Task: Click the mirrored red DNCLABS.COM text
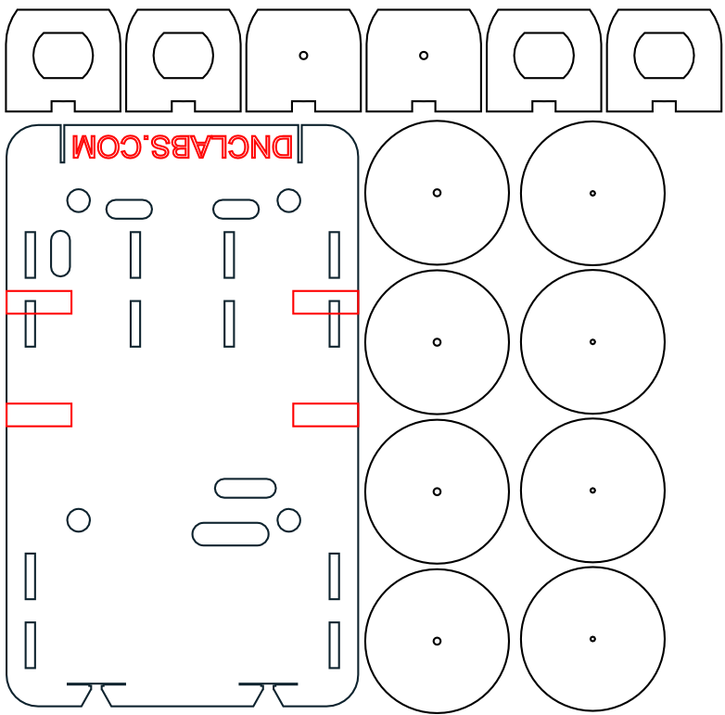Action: [182, 147]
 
